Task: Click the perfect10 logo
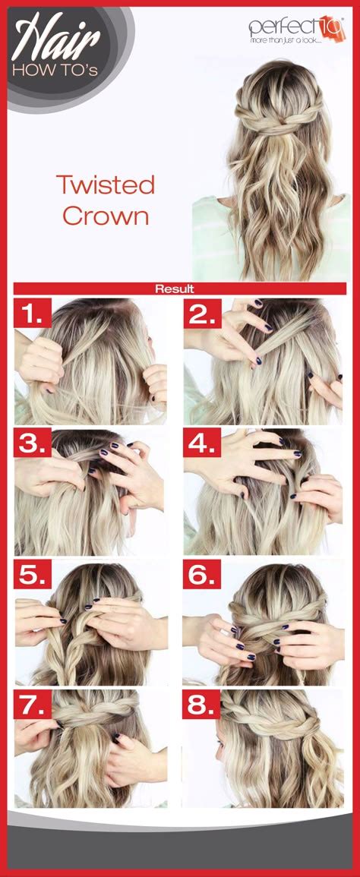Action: coord(297,26)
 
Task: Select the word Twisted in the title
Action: coord(105,185)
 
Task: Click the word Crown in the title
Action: coord(105,216)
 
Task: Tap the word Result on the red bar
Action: coord(175,289)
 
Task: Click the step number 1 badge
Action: coord(32,313)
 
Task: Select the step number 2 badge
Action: coord(201,313)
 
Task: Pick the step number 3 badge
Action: coord(32,443)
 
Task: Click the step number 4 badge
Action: coord(201,443)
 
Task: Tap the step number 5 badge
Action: coord(32,575)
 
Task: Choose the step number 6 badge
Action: coord(201,575)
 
